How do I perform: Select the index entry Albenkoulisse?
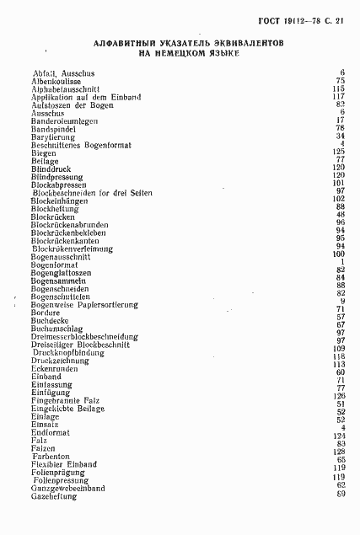tap(56, 81)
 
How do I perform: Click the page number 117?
tap(339, 97)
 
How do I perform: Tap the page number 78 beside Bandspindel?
tap(341, 128)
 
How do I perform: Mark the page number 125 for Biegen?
tap(339, 152)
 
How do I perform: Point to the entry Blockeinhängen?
tap(62, 200)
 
